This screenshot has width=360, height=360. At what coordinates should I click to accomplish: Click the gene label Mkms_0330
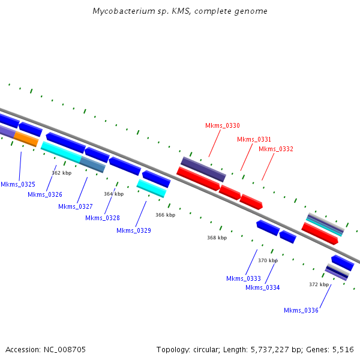coord(223,125)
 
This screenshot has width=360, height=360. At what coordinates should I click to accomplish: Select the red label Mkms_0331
coord(254,139)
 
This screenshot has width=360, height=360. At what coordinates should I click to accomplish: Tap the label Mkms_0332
coord(276,149)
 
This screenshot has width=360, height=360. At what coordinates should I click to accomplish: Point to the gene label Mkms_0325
coord(18,184)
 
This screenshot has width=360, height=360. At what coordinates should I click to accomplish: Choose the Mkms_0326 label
coord(45,194)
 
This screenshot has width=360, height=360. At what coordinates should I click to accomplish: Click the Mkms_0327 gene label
coord(76,206)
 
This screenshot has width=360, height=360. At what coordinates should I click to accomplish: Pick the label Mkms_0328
coord(103,218)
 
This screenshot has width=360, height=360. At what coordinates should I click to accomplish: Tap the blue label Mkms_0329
coord(134,230)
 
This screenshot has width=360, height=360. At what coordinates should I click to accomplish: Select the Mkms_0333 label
coord(244,278)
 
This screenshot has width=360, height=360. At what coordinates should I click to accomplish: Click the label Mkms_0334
coord(263,287)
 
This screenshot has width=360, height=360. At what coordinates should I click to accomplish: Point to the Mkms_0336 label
coord(301,310)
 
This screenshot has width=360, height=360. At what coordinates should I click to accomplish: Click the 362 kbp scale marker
coord(62,173)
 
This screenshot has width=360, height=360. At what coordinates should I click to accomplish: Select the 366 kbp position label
coord(166,215)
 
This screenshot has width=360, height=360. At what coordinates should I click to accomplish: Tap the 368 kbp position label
coord(217,238)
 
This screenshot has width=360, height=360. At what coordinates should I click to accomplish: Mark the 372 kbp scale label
coord(319,284)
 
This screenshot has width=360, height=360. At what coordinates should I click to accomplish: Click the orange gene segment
coord(26,139)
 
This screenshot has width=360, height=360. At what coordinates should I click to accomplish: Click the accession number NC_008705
coord(65,350)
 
